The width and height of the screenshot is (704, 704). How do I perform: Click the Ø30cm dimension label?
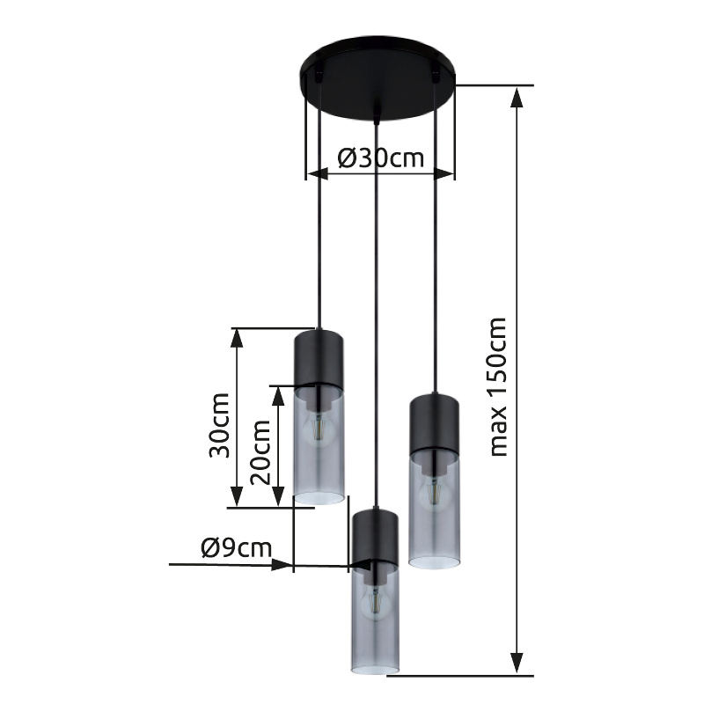(x=380, y=158)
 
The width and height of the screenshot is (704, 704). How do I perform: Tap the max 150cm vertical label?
(x=498, y=387)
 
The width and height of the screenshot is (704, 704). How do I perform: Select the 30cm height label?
(x=219, y=425)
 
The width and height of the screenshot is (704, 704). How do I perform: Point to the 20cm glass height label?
(x=260, y=452)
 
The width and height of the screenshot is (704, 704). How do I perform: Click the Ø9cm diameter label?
(x=237, y=547)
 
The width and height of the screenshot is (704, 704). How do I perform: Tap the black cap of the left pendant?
(x=319, y=358)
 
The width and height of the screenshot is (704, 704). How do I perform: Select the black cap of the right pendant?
(x=434, y=423)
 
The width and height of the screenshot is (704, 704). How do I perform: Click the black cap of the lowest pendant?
(x=376, y=537)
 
